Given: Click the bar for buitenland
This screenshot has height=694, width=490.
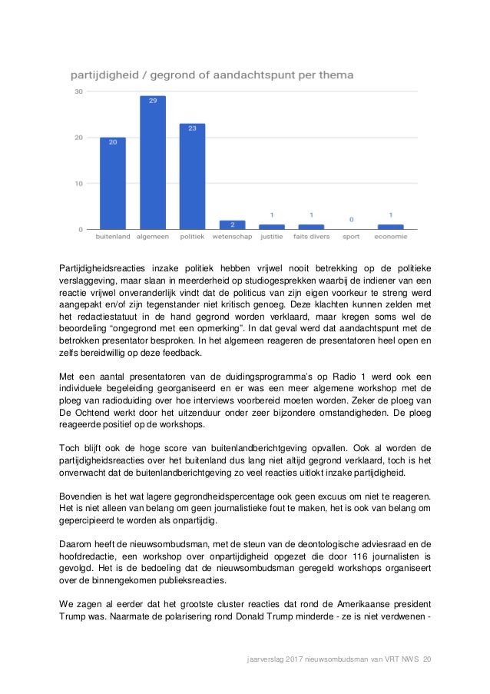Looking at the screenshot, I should coord(112,184).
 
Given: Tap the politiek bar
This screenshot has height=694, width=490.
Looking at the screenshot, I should coord(192,177).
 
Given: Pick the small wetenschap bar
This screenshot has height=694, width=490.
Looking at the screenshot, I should coord(232,224).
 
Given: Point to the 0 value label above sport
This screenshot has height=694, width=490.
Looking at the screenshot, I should coord(351,219).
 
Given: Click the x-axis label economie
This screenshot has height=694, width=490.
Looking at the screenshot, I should coord(390,237).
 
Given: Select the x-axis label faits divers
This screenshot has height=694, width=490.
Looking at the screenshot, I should coord(310,237).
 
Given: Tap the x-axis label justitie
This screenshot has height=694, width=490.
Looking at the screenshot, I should coord(271,237).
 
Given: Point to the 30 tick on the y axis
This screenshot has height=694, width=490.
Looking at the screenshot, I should coord(78,91).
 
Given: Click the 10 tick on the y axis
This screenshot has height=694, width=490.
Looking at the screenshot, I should coord(78,184).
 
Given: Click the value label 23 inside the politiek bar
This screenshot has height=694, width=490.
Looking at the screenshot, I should coord(192,128).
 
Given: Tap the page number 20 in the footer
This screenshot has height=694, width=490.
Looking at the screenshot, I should coord(427,659).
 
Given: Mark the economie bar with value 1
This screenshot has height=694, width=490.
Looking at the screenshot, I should coord(390,227).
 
